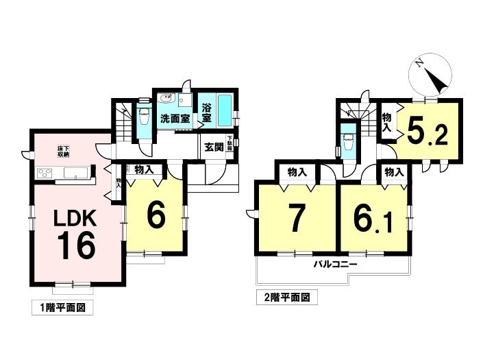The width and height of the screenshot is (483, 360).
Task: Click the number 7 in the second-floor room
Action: [295, 218]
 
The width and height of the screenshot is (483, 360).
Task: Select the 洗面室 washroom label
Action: [173, 119]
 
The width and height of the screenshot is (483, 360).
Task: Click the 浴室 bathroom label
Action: [206, 112]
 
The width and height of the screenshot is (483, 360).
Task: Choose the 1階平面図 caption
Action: [62, 308]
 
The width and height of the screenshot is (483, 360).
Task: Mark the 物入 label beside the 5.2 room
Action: [386, 121]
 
